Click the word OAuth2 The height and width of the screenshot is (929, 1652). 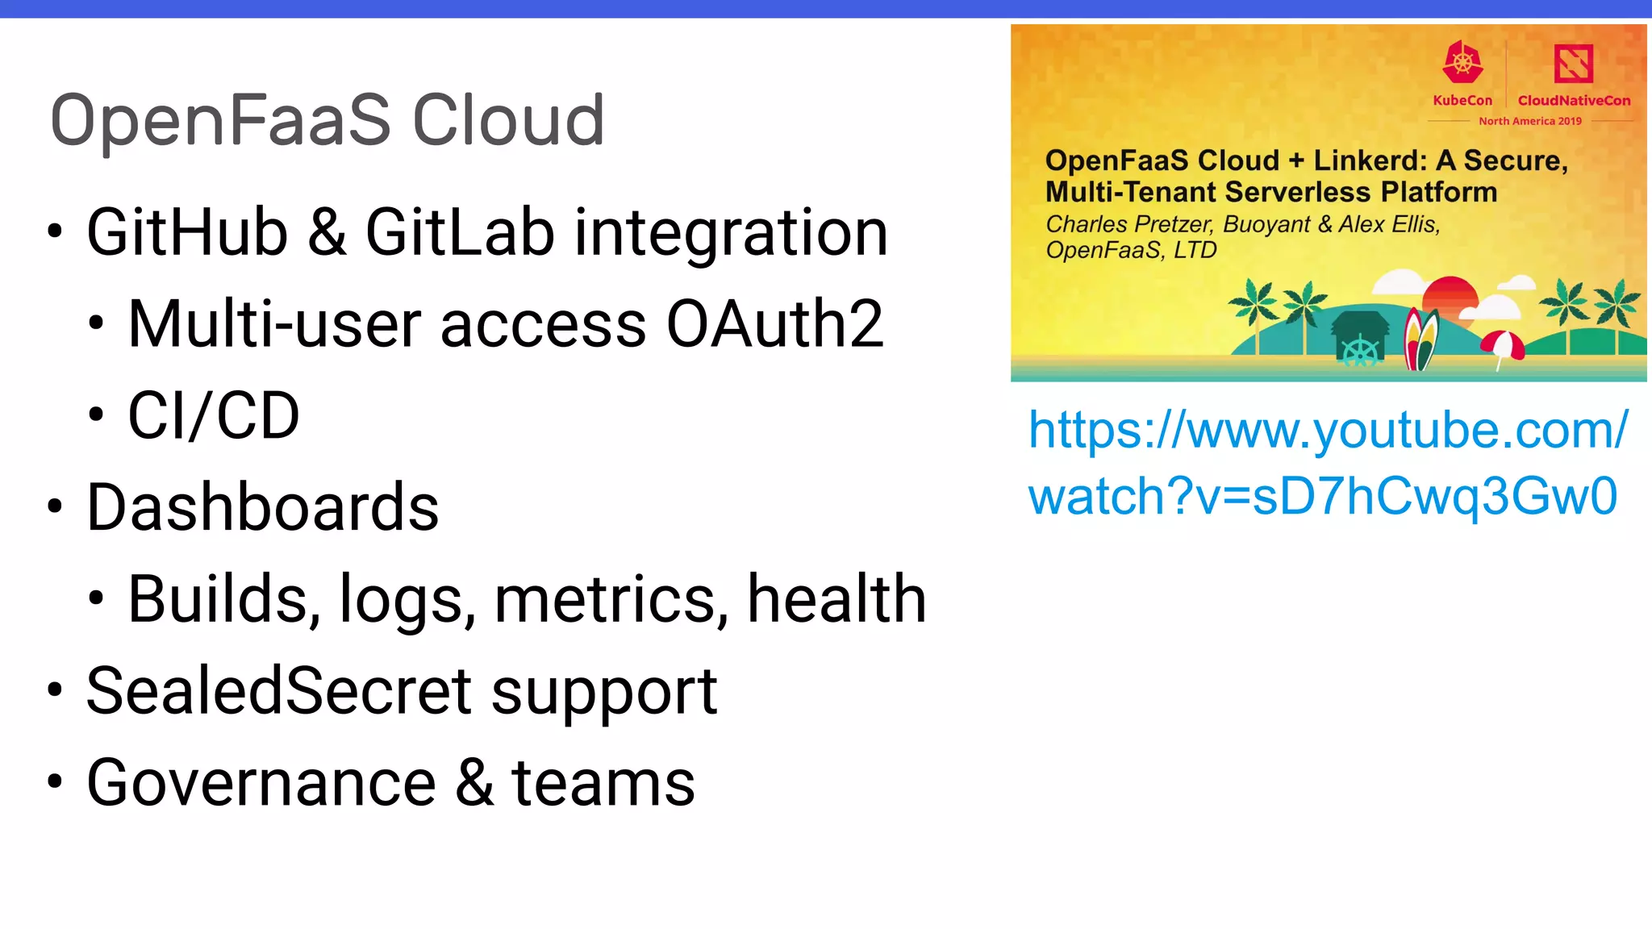[774, 324]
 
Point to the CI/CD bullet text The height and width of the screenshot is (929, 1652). [214, 416]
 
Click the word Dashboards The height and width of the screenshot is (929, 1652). [262, 507]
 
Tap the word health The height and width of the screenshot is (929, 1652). [836, 599]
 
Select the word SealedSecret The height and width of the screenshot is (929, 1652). [279, 691]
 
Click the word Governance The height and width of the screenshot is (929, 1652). [261, 783]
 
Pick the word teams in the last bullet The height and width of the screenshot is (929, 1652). [603, 783]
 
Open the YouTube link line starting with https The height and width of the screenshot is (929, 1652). [1328, 430]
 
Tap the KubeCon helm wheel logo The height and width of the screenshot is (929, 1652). [1462, 62]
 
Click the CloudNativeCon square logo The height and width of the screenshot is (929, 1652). [1573, 63]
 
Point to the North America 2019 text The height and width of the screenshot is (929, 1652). [1529, 121]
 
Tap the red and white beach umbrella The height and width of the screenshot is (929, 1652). [1503, 345]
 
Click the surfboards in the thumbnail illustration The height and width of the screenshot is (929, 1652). [1421, 339]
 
